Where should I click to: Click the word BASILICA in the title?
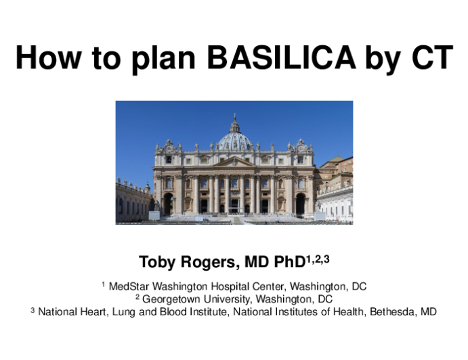(x=281, y=58)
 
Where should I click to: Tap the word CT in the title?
(x=433, y=58)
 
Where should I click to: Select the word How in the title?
(x=48, y=58)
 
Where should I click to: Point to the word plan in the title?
(x=163, y=60)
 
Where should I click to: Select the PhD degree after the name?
(x=289, y=262)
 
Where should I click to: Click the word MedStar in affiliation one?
(x=128, y=286)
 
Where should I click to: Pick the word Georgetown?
(x=171, y=299)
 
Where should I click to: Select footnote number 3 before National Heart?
(x=33, y=310)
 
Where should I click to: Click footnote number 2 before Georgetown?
(x=137, y=297)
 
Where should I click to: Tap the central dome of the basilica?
(x=234, y=141)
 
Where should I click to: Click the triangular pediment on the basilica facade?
(x=234, y=162)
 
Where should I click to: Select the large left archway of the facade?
(x=168, y=204)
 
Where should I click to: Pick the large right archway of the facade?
(x=300, y=204)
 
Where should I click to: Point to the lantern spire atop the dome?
(x=235, y=123)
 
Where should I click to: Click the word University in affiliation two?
(x=228, y=299)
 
